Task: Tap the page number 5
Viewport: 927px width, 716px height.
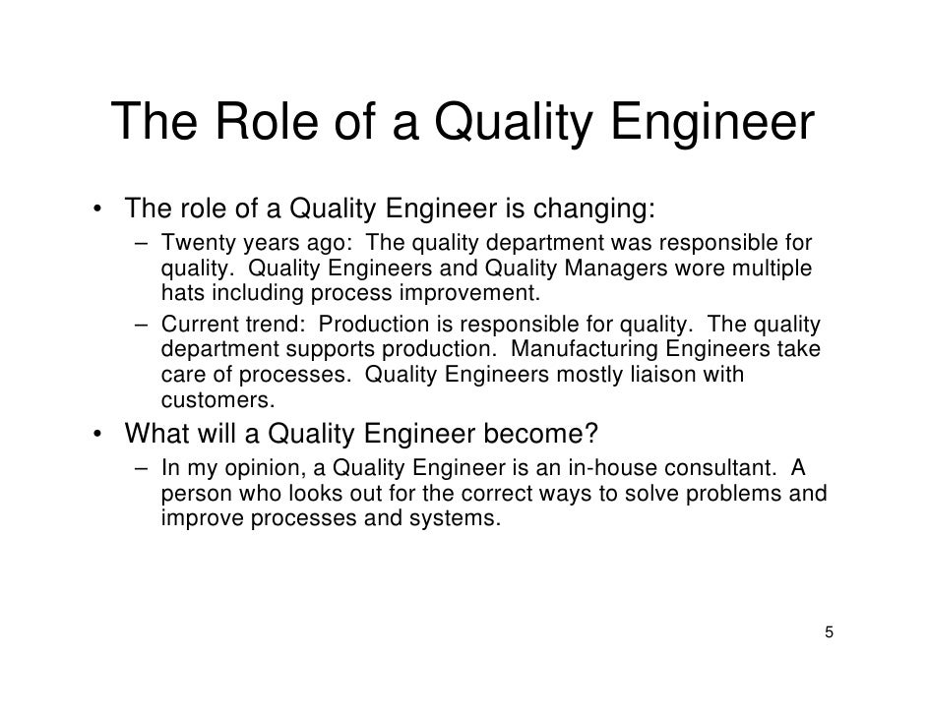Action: click(x=829, y=630)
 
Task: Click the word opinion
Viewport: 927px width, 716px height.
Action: click(x=244, y=467)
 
